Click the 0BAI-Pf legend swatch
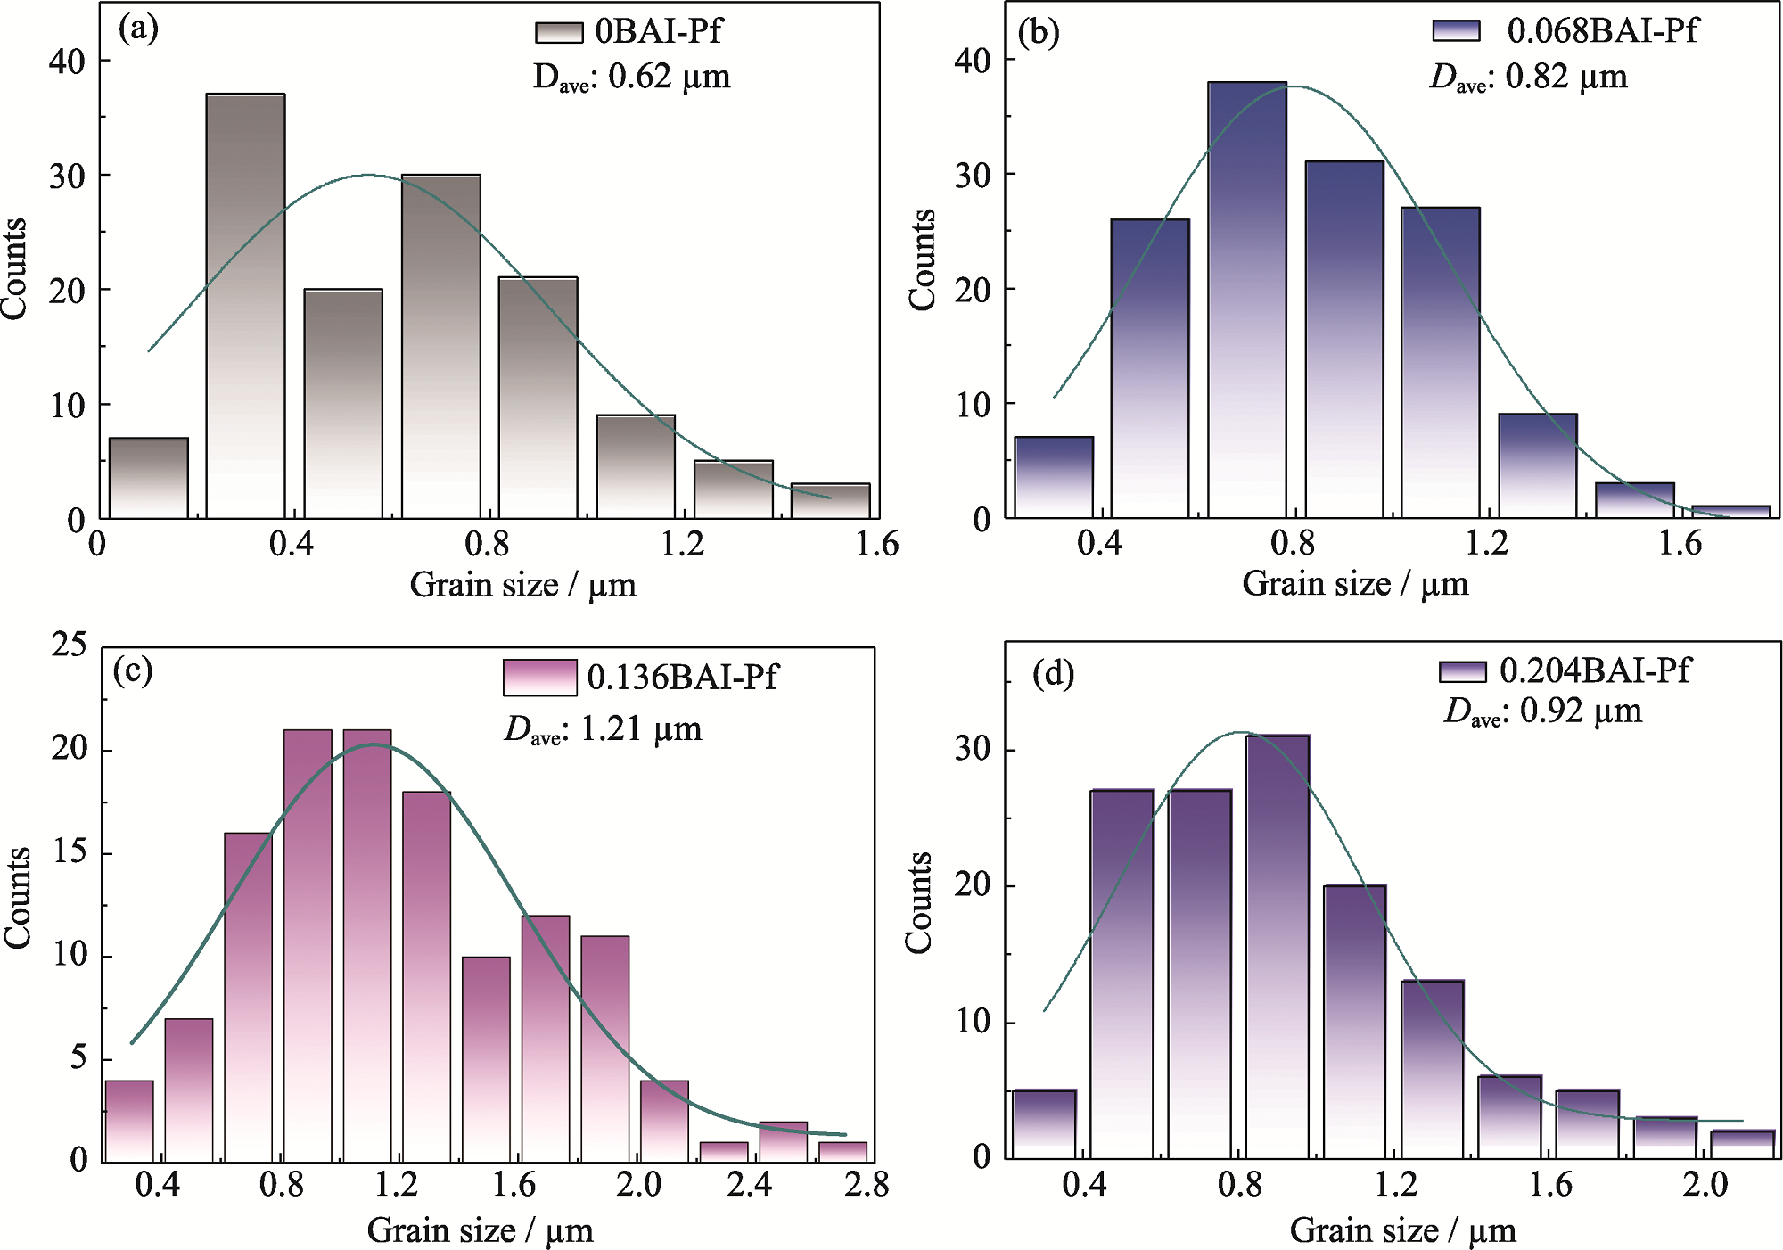[559, 33]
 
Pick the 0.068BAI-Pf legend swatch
[1456, 31]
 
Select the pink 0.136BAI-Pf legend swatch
[539, 678]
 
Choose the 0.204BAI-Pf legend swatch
[1462, 671]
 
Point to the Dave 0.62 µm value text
[632, 78]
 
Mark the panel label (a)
[138, 29]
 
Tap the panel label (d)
[1053, 674]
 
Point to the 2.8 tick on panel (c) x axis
[867, 1185]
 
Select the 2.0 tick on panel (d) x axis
[1705, 1185]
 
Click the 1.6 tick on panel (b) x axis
[1680, 543]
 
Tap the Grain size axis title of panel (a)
[523, 586]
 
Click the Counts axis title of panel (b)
[923, 260]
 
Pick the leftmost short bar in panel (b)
[1054, 478]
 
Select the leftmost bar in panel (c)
[129, 1121]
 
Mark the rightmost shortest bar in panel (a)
[830, 501]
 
